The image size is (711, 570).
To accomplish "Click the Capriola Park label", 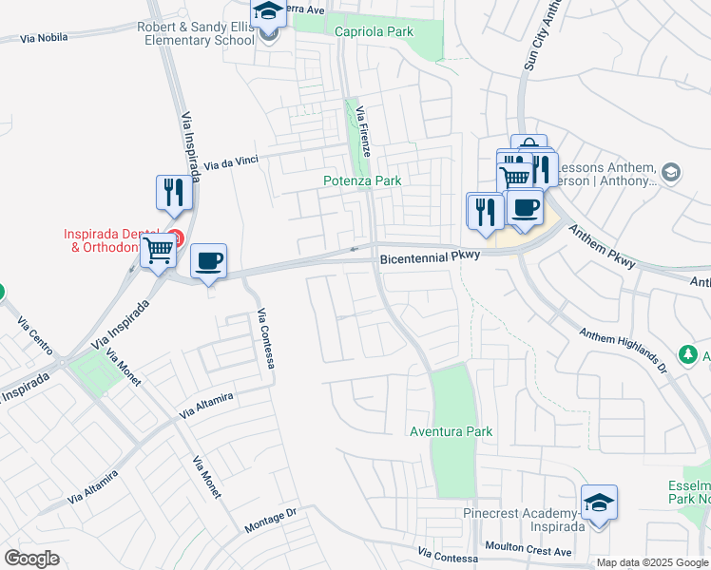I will pos(375,31).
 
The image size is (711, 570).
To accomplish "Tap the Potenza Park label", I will pos(362,180).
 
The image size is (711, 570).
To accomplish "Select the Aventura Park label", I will pos(451,431).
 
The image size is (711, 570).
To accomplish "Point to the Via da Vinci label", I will pos(232,164).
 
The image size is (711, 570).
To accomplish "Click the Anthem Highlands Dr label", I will pos(622,337).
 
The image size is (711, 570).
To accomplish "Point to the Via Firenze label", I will pos(363,132).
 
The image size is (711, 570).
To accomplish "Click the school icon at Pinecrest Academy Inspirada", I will pos(600,502).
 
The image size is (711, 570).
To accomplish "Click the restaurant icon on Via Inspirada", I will pos(174,192).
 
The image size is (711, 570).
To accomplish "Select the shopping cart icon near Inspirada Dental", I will pos(159,251).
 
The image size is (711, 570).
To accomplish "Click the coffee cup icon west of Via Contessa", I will pos(208,259).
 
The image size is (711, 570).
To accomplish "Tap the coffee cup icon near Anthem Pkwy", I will pos(524,206).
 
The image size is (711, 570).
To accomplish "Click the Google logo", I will pos(31,559).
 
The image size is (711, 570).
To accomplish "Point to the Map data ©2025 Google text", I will pos(653,562).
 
